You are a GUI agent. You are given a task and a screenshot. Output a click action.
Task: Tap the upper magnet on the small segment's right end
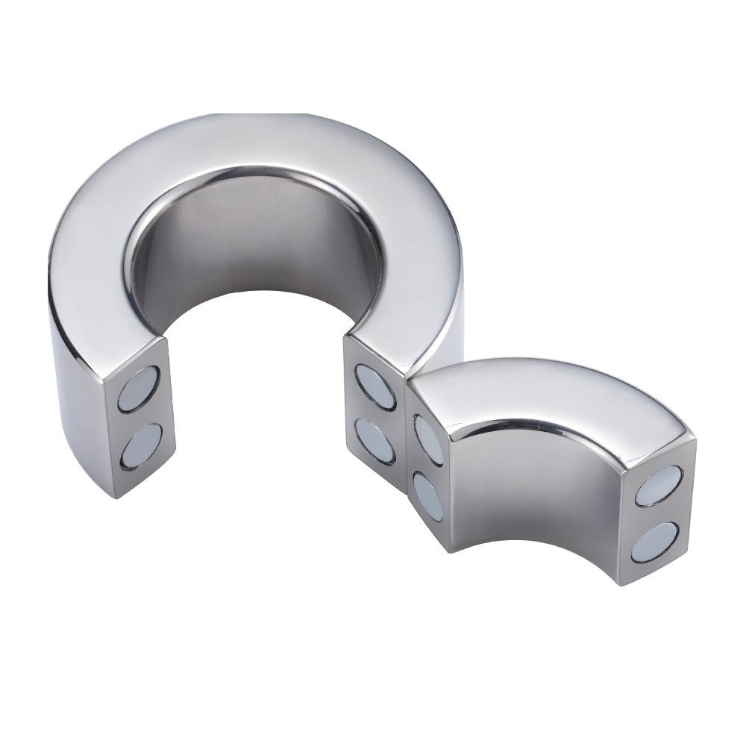click(658, 486)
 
